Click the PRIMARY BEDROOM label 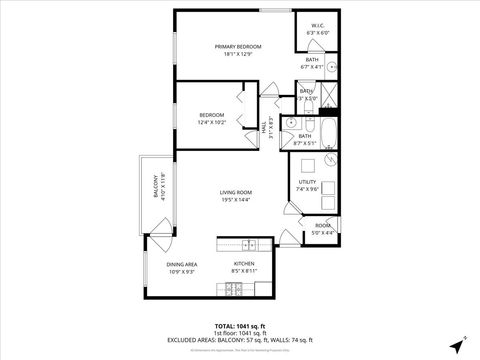238,47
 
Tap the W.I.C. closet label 317,26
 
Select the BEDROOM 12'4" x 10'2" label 212,115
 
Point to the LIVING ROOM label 236,193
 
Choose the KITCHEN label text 245,264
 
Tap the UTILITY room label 307,182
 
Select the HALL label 263,127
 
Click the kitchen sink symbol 249,245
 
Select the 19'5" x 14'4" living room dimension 236,201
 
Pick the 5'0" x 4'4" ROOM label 322,229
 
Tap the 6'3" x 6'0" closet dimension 317,33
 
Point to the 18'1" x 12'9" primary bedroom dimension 238,55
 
